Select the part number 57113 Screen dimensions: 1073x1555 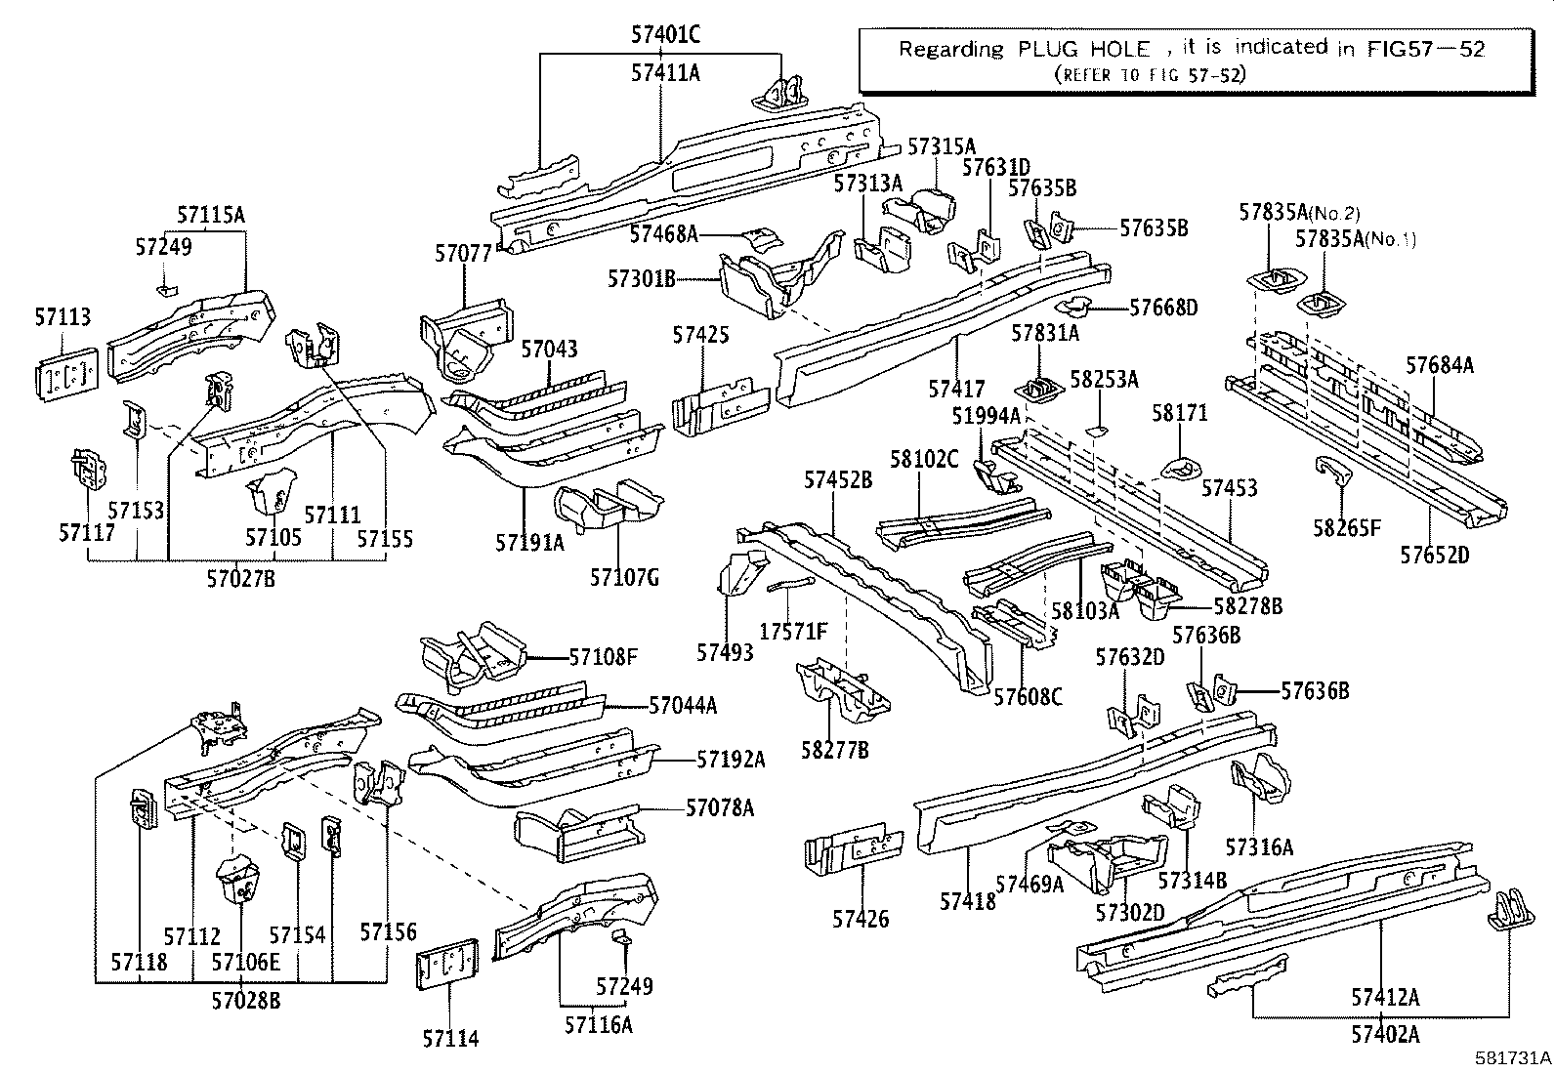pos(63,317)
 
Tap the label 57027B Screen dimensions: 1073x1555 pos(240,579)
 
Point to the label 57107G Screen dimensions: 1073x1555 pos(624,578)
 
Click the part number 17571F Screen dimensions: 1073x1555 pos(793,633)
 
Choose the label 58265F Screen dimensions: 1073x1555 pos(1347,528)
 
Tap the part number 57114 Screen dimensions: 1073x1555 pos(450,1038)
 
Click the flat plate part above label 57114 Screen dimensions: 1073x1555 pos(448,966)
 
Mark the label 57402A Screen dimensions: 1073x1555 pos(1385,1033)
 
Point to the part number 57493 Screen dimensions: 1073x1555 pos(726,651)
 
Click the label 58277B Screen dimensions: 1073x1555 pos(835,750)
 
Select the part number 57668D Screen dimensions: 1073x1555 pos(1162,308)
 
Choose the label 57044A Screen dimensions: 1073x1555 pos(683,704)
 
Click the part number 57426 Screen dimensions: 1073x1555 pos(861,918)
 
